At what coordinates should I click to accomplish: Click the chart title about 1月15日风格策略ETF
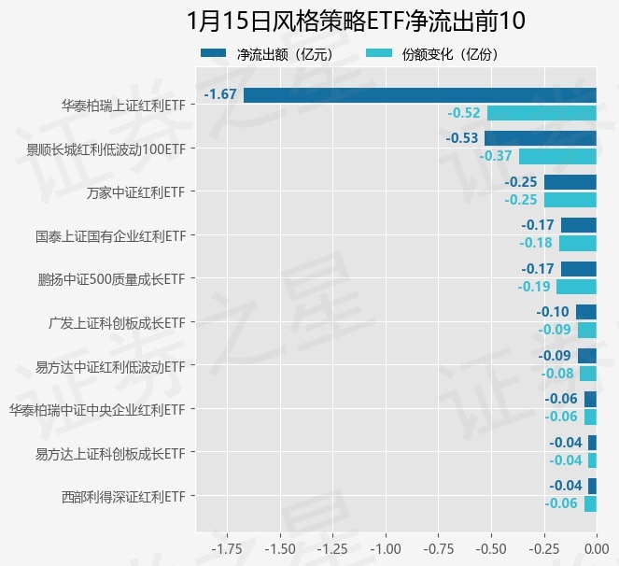tap(356, 21)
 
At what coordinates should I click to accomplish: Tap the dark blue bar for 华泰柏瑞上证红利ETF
tap(420, 94)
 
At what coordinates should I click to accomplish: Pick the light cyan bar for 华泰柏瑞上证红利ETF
tap(542, 113)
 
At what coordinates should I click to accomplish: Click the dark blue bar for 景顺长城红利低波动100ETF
tap(540, 138)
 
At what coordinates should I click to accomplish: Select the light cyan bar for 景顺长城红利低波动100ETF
tap(557, 156)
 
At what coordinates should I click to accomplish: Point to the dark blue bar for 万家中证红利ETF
tap(570, 181)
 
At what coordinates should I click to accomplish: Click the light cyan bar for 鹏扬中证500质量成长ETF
tap(576, 287)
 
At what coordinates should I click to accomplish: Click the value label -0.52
tap(464, 113)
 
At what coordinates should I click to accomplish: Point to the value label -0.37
tap(496, 156)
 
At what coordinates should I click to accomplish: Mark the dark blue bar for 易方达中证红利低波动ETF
tap(586, 355)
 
